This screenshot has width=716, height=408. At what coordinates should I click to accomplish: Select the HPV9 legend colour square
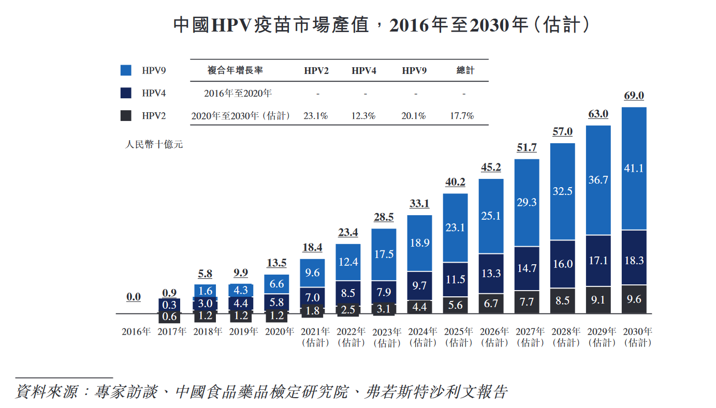click(125, 70)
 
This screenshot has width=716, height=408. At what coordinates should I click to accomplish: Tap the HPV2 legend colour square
click(125, 116)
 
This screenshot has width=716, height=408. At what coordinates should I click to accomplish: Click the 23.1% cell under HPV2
click(316, 116)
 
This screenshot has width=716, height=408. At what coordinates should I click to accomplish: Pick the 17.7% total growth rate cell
click(462, 116)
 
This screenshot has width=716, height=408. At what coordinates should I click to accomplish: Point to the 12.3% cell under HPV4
click(363, 116)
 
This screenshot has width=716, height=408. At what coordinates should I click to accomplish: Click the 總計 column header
click(465, 70)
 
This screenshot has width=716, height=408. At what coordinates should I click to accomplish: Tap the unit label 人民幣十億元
click(154, 145)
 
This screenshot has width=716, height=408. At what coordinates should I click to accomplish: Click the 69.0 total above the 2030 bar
click(634, 96)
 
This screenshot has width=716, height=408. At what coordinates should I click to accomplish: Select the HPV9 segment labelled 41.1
click(634, 168)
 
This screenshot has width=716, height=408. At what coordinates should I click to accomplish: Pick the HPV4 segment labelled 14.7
click(527, 268)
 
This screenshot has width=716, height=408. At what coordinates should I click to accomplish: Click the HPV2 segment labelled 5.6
click(456, 305)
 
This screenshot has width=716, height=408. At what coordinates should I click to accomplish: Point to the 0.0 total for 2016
click(134, 297)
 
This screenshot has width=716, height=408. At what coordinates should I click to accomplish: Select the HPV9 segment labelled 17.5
click(384, 254)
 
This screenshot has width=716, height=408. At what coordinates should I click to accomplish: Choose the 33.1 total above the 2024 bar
click(419, 204)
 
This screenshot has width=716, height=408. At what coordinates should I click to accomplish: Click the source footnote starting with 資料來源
click(261, 391)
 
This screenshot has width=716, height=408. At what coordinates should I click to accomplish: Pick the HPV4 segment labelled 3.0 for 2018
click(205, 304)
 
